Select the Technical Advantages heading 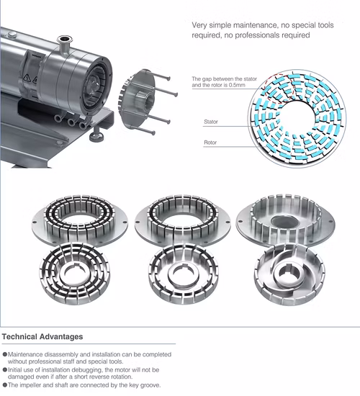click(42, 336)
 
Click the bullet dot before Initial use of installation click(6, 369)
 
